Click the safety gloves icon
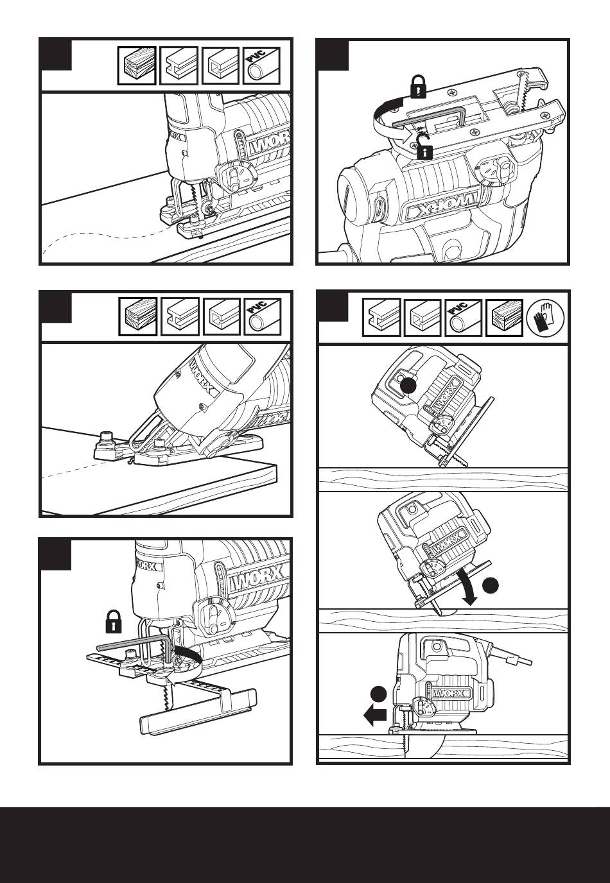(x=546, y=317)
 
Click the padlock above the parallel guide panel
(x=114, y=621)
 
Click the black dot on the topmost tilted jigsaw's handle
(x=408, y=386)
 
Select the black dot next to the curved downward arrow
(x=491, y=585)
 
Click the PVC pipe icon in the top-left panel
(x=261, y=65)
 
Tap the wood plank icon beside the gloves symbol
(x=504, y=317)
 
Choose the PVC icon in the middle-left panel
(x=263, y=317)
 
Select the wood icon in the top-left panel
(x=137, y=65)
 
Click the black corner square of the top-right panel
(x=333, y=55)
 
